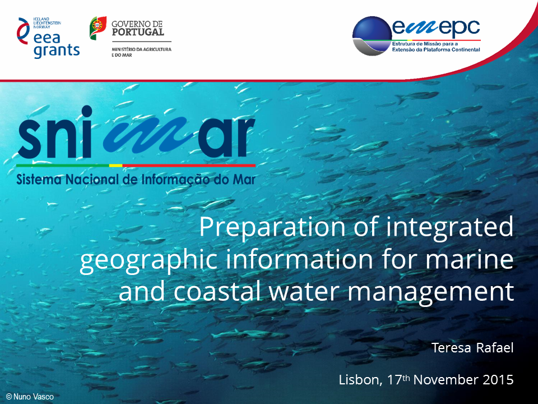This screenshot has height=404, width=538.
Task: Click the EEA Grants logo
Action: (48, 38)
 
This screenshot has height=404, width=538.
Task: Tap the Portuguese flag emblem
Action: (98, 28)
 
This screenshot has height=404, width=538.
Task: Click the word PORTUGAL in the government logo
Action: (138, 33)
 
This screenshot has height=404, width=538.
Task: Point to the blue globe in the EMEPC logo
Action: (372, 36)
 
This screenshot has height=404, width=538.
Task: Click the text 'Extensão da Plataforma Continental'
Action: (436, 50)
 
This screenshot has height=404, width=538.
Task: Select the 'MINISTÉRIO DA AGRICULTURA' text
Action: (141, 49)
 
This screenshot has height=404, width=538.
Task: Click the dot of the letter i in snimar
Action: (86, 112)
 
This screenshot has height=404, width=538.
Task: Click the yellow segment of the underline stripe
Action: (115, 166)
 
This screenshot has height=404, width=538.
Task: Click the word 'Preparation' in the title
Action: (272, 228)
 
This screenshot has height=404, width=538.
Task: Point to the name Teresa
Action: (451, 348)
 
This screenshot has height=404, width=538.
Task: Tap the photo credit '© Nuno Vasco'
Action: (30, 397)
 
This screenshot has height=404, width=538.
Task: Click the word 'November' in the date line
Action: (446, 380)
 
